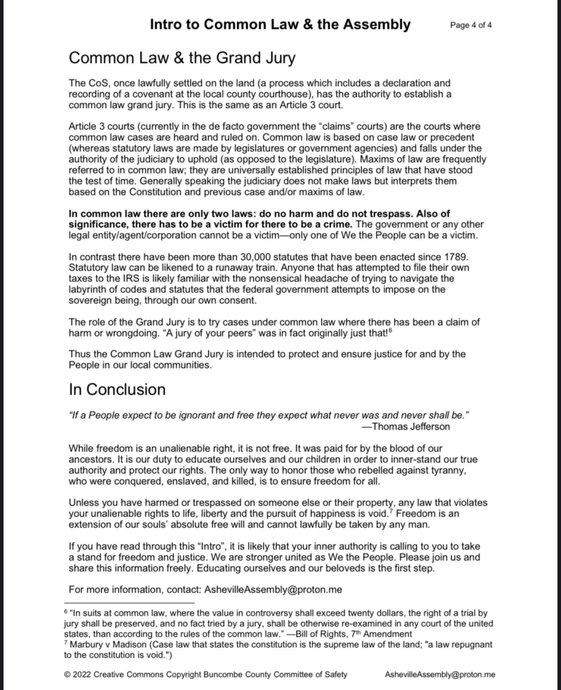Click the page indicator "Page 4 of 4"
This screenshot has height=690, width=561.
coord(472,26)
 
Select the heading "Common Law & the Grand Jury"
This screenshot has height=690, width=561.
coord(182,58)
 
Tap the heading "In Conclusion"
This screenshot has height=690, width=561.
coord(117,389)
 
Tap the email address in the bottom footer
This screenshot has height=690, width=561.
coord(440,673)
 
